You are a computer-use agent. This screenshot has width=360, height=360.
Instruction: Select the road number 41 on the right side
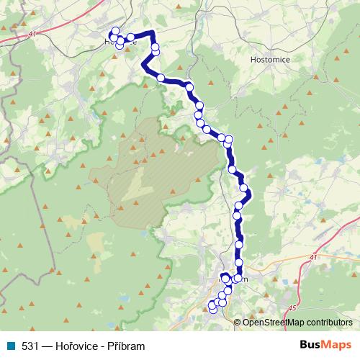[x=312, y=257]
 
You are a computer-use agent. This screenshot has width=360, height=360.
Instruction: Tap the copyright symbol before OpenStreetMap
[x=238, y=322]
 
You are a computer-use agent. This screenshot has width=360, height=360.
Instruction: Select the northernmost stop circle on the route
[x=113, y=31]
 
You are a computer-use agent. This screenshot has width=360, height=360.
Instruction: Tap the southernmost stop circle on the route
[x=212, y=310]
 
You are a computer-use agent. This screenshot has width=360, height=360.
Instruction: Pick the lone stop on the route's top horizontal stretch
[x=131, y=37]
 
